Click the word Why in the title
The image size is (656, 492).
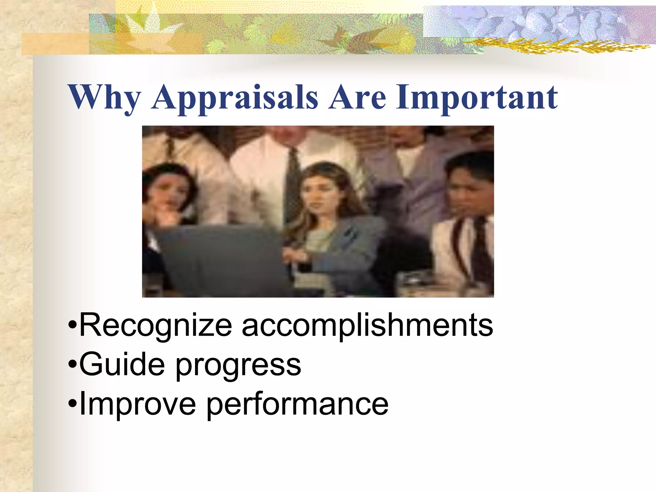click(104, 97)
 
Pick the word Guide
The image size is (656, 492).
click(122, 365)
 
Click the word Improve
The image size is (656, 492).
click(137, 404)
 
